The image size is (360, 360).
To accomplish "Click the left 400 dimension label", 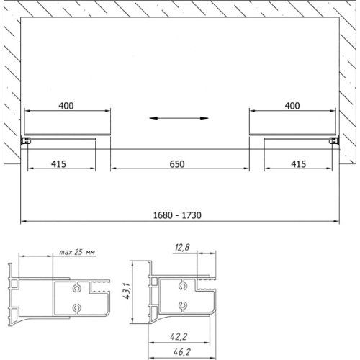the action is tap(66, 106).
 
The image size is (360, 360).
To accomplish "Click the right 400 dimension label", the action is tap(292, 106).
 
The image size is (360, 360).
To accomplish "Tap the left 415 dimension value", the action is tap(58, 164).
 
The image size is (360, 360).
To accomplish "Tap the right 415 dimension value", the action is tap(299, 164).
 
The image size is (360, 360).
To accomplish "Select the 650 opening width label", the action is tap(177, 164).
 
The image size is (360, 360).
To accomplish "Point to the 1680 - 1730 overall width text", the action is tap(177, 215).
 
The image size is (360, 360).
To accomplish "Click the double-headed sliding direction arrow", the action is tap(179, 118).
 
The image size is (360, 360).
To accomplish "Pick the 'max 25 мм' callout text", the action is tap(77, 252).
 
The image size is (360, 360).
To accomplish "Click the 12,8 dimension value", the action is tap(182, 247).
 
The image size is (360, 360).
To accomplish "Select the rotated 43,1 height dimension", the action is tap(127, 291).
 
